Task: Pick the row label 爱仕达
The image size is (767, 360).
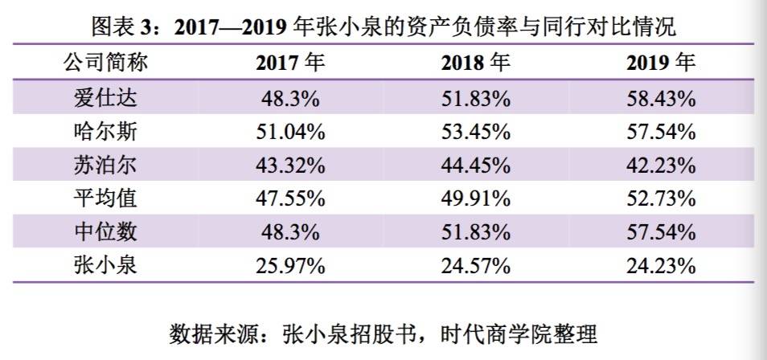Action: tap(105, 99)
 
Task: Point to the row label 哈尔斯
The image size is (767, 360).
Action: tap(105, 132)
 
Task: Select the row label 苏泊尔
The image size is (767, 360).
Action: tap(105, 166)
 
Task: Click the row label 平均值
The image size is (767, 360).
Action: tap(105, 198)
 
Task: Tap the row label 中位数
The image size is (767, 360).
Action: tap(105, 231)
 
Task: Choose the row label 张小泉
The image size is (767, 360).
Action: tap(105, 264)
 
